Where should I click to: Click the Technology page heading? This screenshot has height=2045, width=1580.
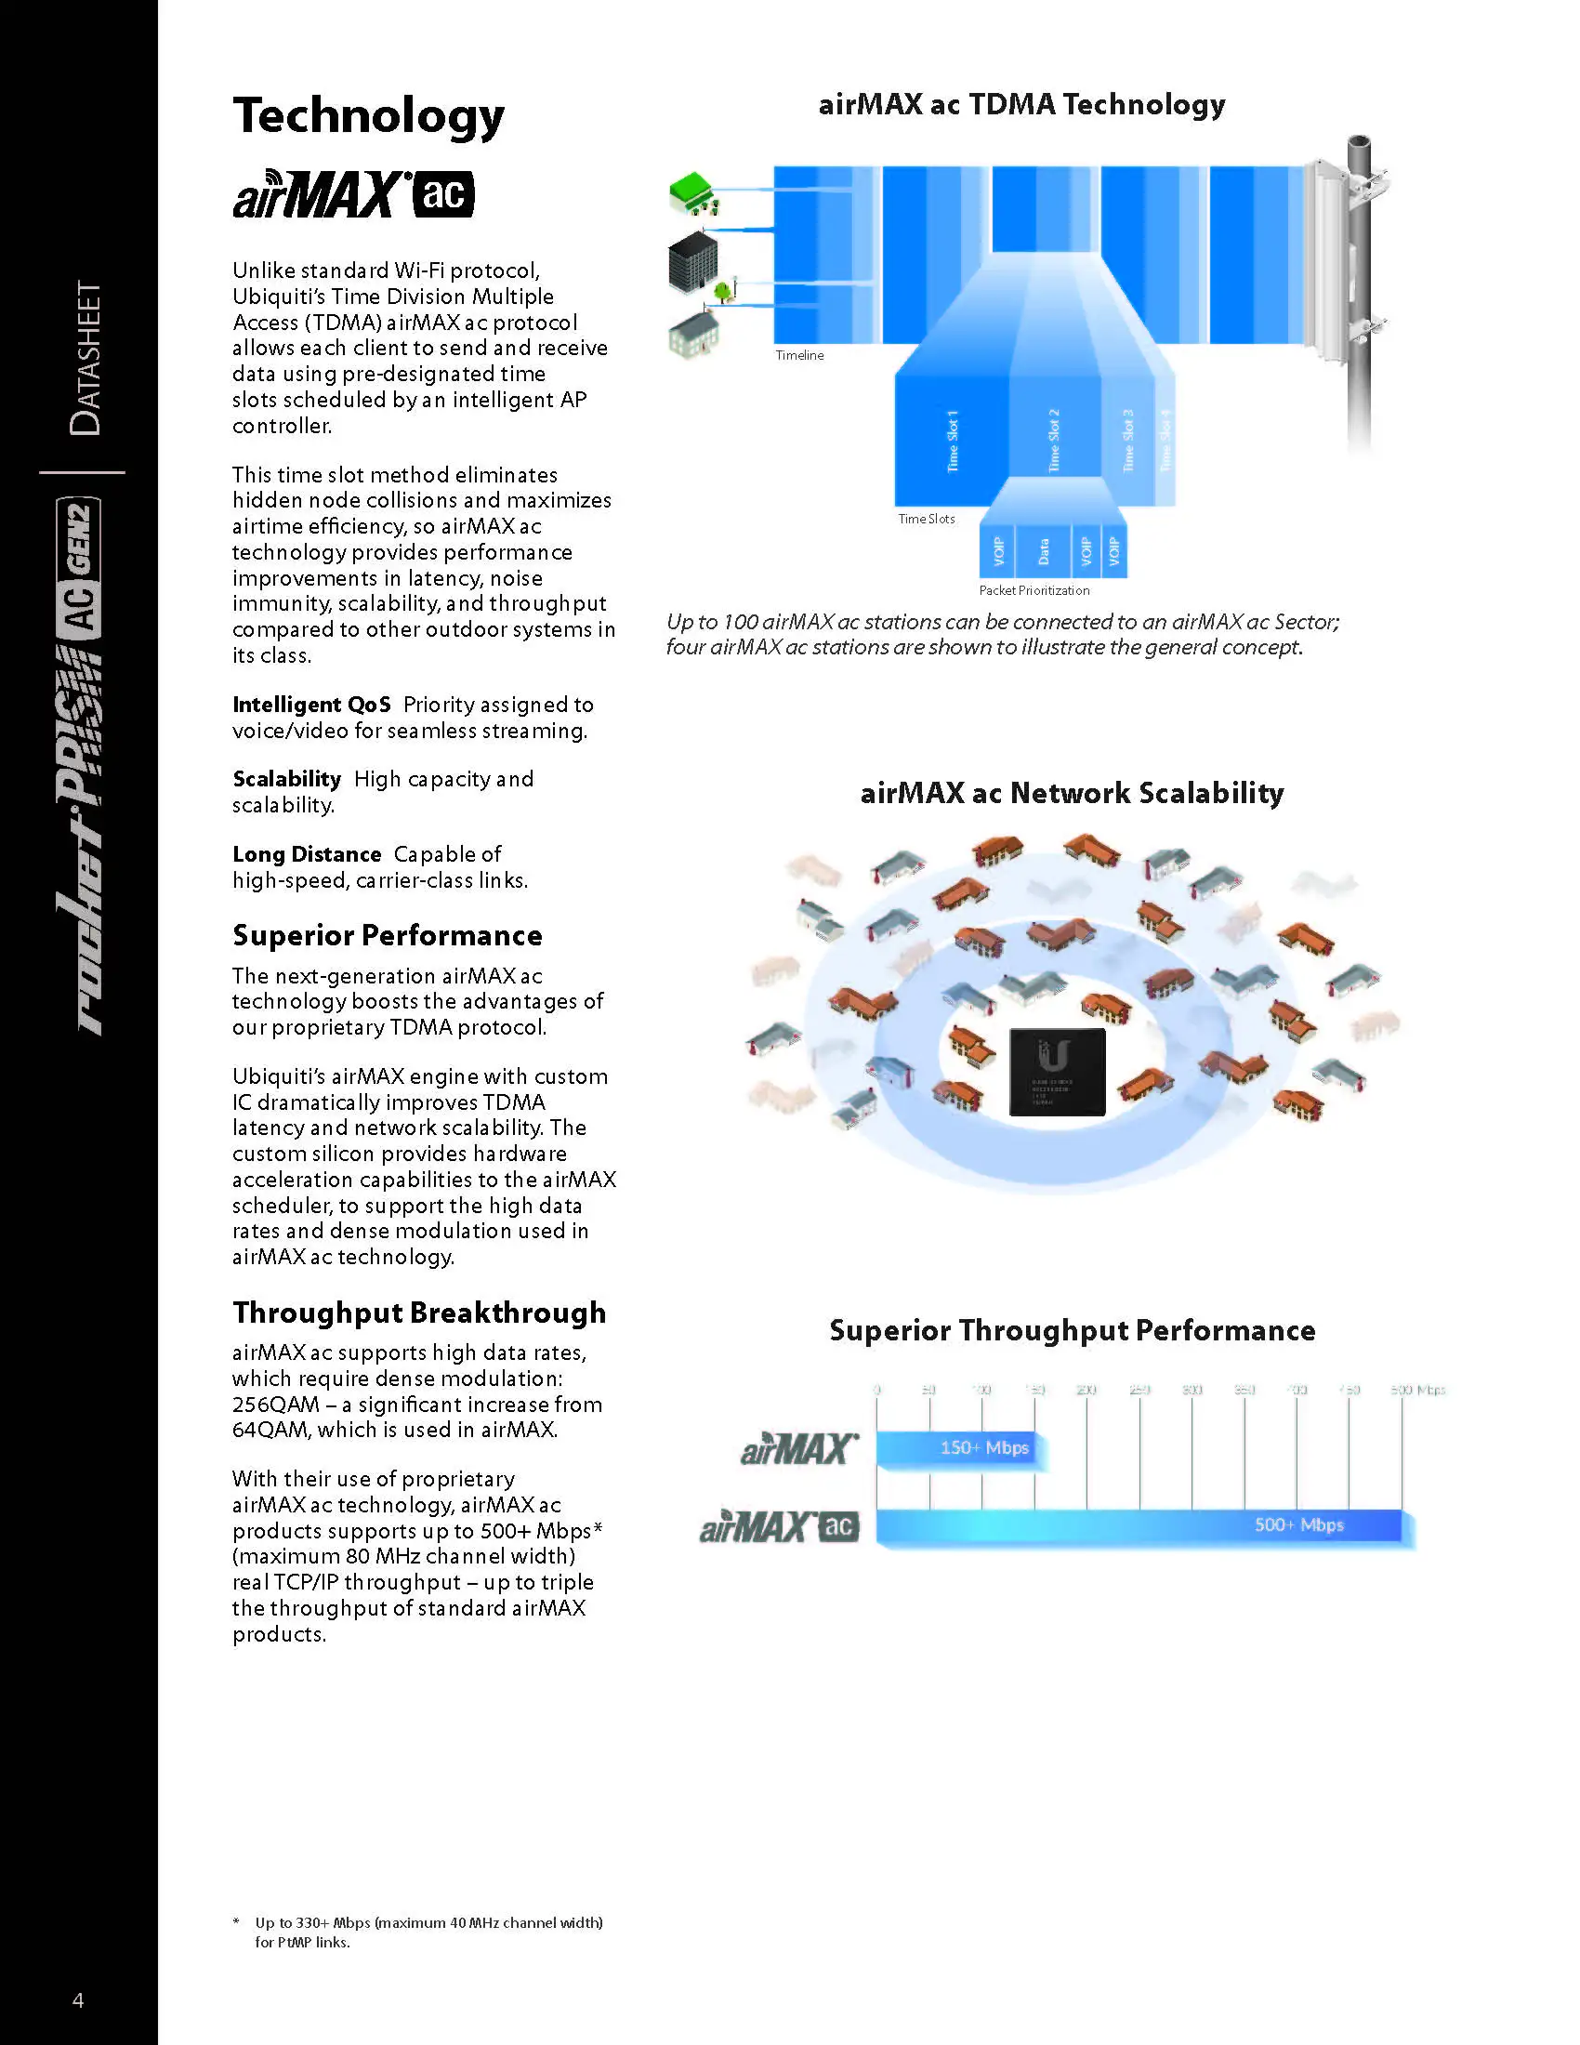point(368,116)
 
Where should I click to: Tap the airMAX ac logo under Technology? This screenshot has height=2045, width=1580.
point(353,195)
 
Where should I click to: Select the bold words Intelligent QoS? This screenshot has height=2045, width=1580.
point(310,706)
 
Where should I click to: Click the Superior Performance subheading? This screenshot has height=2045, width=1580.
point(387,935)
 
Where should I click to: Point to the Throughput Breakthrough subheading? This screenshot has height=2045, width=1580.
point(418,1313)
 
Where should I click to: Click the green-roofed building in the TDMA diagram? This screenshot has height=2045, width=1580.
point(693,192)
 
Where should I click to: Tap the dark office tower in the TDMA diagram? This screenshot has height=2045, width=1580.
point(693,261)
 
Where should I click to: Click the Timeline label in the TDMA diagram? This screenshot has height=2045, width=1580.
point(799,356)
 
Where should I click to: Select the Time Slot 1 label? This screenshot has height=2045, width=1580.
point(952,440)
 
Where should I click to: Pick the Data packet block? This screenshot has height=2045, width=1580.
point(1044,552)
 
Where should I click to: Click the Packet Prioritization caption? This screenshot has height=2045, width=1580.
point(1034,591)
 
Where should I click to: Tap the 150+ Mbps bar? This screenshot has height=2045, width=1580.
point(960,1447)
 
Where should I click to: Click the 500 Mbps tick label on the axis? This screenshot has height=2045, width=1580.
point(1417,1390)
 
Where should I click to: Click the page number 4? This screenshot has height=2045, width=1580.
point(78,2000)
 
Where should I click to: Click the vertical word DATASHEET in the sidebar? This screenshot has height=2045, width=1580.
point(86,358)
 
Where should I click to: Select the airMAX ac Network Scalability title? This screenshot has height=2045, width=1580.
point(1071,793)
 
